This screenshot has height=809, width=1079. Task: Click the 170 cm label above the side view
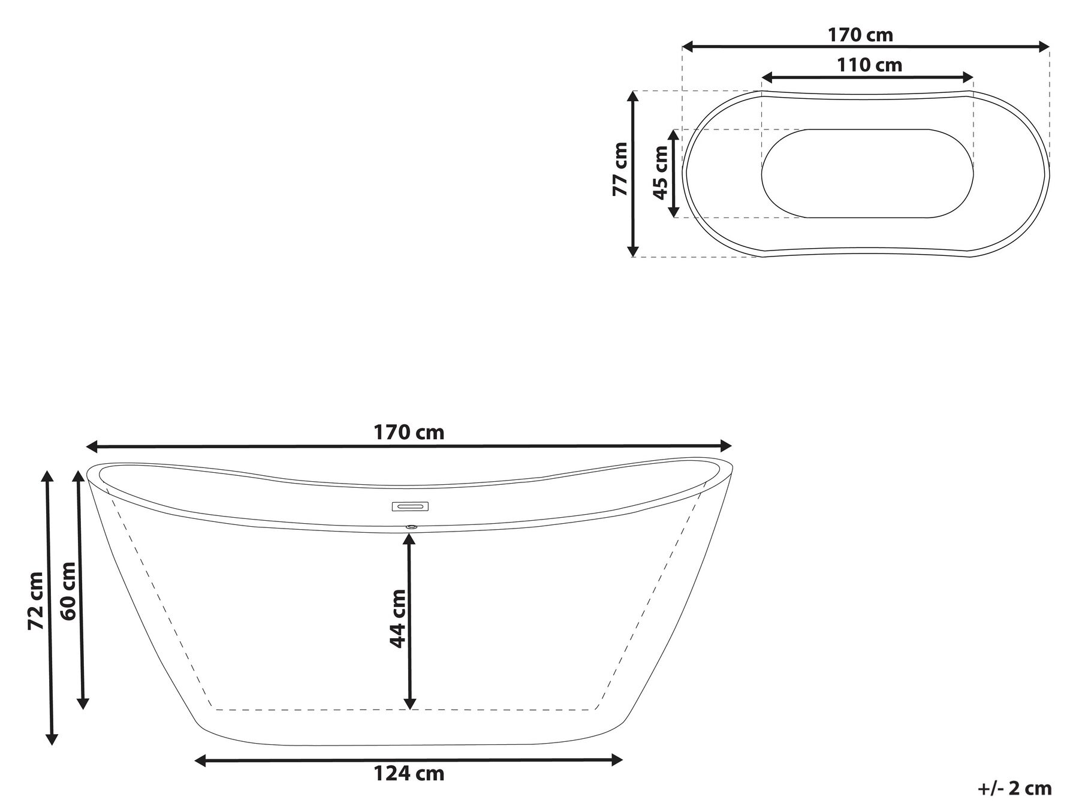409,432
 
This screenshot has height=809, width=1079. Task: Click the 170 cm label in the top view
860,35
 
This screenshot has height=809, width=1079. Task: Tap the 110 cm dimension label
869,65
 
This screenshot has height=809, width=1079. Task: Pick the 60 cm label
68,591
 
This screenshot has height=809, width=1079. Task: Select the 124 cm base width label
409,774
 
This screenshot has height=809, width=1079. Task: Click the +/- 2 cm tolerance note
1014,788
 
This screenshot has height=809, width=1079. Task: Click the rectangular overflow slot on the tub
411,507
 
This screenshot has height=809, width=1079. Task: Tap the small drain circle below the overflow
411,527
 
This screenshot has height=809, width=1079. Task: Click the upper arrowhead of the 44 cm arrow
409,539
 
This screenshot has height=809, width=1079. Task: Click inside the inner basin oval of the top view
867,174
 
